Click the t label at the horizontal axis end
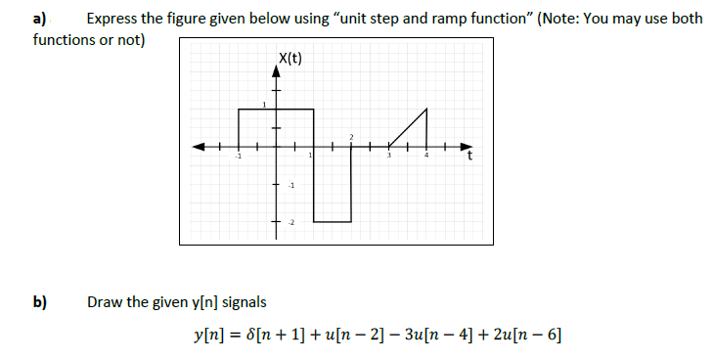pos(469,157)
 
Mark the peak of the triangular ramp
pos(426,110)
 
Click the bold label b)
pos(40,301)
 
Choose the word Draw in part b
pos(105,301)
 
